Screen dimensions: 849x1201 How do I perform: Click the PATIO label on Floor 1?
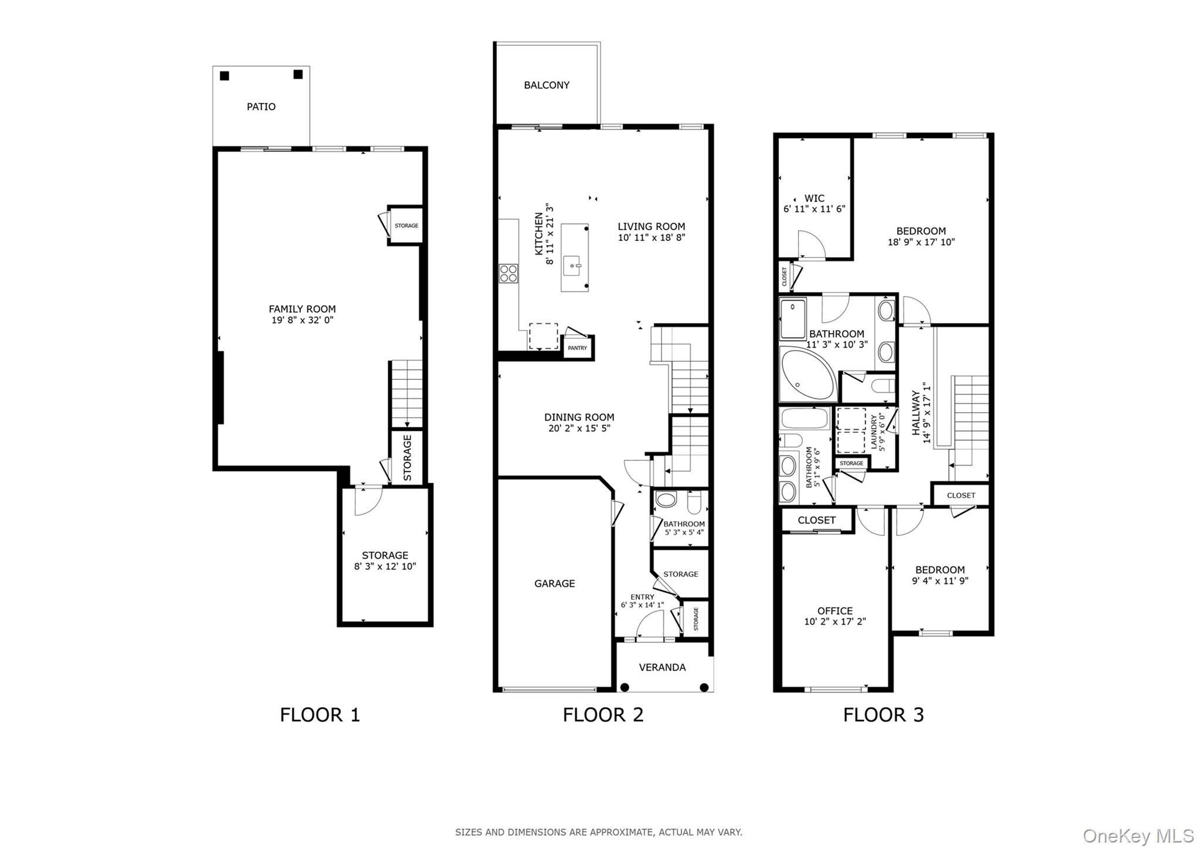tap(261, 107)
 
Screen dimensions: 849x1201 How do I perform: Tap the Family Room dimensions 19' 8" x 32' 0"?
tap(302, 320)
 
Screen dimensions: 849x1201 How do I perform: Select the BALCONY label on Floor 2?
tap(547, 86)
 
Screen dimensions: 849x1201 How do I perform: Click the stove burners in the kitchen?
tap(508, 274)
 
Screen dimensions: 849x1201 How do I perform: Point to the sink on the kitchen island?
tap(573, 266)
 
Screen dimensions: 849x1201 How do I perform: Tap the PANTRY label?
tap(578, 348)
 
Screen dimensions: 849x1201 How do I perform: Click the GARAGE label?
tap(554, 583)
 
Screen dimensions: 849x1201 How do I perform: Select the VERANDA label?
tap(662, 667)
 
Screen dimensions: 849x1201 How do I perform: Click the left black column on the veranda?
tap(625, 687)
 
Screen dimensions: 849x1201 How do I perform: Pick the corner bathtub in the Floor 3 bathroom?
tap(806, 374)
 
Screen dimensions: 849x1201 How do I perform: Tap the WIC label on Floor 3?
tap(814, 198)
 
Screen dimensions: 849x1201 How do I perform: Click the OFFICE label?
tap(834, 611)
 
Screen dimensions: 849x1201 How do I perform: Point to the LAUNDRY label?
tap(875, 432)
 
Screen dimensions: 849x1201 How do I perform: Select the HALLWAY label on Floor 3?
tap(916, 413)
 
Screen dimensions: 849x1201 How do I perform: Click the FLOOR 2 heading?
tap(603, 715)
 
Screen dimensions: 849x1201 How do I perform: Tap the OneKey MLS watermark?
tap(1138, 835)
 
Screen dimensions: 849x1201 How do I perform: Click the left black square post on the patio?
tap(225, 76)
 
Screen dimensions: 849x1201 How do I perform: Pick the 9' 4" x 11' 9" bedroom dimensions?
tap(939, 581)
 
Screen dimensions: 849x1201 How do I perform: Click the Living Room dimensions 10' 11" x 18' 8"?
tap(651, 238)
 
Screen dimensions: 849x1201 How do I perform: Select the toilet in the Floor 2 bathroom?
tap(694, 502)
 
